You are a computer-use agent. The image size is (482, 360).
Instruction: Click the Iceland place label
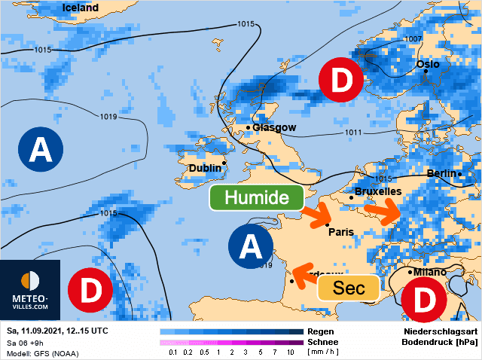coord(81,8)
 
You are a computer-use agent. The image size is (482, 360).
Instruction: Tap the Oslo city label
coord(429,65)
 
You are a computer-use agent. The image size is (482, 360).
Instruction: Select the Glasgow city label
coord(274,127)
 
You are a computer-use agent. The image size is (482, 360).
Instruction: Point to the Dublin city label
coord(205,168)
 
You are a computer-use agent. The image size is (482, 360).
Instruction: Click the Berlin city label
coord(442,173)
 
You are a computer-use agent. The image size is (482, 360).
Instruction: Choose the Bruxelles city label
coord(378,192)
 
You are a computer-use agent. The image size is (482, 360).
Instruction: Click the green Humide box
coord(257,198)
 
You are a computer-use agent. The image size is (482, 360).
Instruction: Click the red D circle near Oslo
coord(341,81)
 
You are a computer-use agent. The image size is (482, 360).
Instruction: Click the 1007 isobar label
coord(413,38)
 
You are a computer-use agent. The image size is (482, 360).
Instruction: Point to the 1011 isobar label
coord(354,133)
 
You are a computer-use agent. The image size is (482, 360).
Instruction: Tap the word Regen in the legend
coord(321,331)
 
